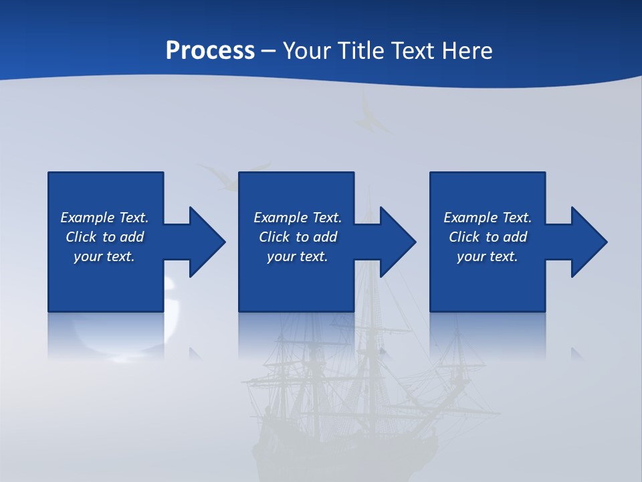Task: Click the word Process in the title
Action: tap(210, 51)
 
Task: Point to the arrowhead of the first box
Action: tap(207, 242)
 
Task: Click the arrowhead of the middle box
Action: tap(397, 242)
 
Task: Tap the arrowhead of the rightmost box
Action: tap(588, 242)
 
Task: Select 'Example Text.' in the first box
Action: tap(104, 218)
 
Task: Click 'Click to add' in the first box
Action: tap(104, 237)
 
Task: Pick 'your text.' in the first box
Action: tap(104, 256)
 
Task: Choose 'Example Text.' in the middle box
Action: tap(298, 218)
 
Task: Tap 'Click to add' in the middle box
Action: tap(298, 237)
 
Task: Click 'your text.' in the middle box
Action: tap(298, 256)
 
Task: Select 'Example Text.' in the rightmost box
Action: tap(488, 218)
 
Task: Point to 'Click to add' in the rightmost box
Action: tap(488, 237)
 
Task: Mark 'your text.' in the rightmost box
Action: tap(488, 256)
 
